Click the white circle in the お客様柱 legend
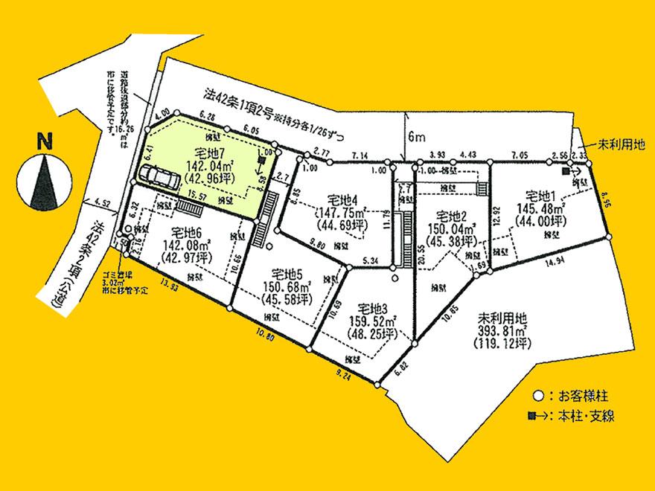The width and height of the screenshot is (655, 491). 537,395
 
